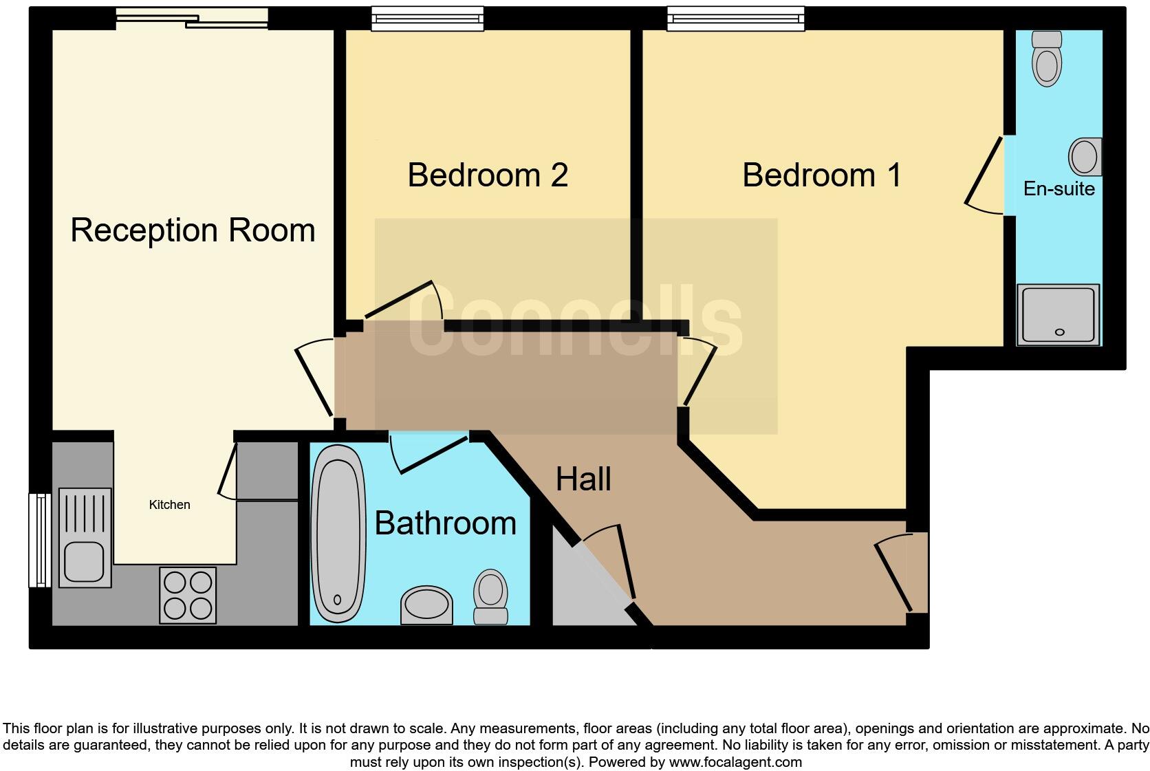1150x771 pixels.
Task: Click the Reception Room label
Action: [193, 230]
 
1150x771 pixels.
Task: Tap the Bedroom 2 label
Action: [487, 175]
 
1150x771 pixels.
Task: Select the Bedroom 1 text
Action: [821, 175]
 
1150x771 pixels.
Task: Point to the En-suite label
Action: [1059, 188]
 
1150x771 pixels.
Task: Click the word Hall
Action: [583, 479]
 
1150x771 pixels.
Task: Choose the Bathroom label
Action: [445, 523]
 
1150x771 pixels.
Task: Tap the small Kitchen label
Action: [169, 505]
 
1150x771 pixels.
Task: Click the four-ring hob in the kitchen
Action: [188, 595]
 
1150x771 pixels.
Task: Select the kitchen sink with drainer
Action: [85, 537]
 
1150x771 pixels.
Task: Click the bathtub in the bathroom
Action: [338, 533]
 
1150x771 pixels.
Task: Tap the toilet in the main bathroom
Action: [490, 596]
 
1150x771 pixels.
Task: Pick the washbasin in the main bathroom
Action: [426, 605]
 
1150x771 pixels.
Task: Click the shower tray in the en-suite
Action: [1059, 314]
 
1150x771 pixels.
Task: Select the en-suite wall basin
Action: [1085, 156]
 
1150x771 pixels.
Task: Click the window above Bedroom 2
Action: [427, 19]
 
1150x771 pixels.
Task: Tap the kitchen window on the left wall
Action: [40, 540]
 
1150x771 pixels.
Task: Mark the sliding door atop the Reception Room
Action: [191, 19]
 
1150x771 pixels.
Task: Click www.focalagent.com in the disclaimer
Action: [735, 762]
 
